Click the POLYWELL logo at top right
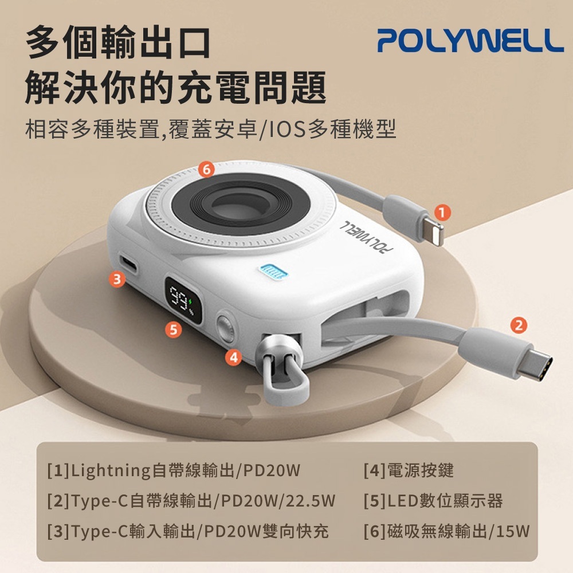[470, 40]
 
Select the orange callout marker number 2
[518, 325]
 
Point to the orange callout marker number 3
[117, 279]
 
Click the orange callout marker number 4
[233, 357]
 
